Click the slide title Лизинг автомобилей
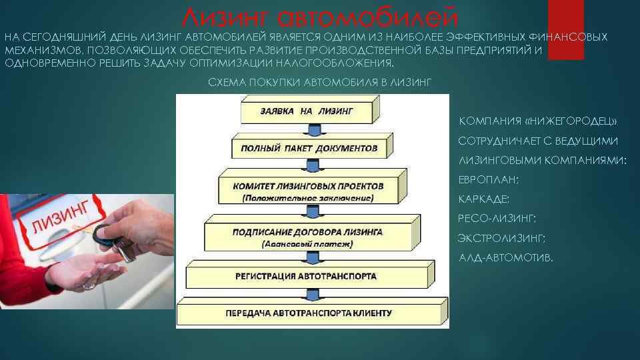click(x=319, y=17)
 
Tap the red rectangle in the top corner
click(x=566, y=30)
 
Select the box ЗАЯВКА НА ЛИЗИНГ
click(x=310, y=109)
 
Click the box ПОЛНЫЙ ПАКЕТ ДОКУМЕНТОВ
click(x=312, y=146)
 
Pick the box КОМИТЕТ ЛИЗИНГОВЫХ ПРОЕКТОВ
click(x=312, y=187)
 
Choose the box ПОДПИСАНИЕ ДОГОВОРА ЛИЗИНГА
click(x=312, y=233)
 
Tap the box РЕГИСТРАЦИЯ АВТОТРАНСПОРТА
click(x=310, y=275)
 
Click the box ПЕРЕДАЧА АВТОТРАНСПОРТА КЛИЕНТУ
click(x=312, y=311)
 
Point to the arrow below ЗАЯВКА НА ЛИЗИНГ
click(x=313, y=129)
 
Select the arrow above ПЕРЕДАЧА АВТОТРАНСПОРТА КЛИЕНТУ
click(x=313, y=293)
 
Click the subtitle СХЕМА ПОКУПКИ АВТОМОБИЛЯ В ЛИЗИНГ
click(x=319, y=83)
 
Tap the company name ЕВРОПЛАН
click(x=489, y=180)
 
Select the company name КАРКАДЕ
click(x=484, y=199)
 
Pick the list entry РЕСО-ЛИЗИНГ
click(x=497, y=219)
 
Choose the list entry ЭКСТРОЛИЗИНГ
click(x=501, y=239)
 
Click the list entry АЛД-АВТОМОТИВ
click(x=506, y=258)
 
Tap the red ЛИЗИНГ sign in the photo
click(x=61, y=219)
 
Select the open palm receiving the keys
click(x=84, y=271)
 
